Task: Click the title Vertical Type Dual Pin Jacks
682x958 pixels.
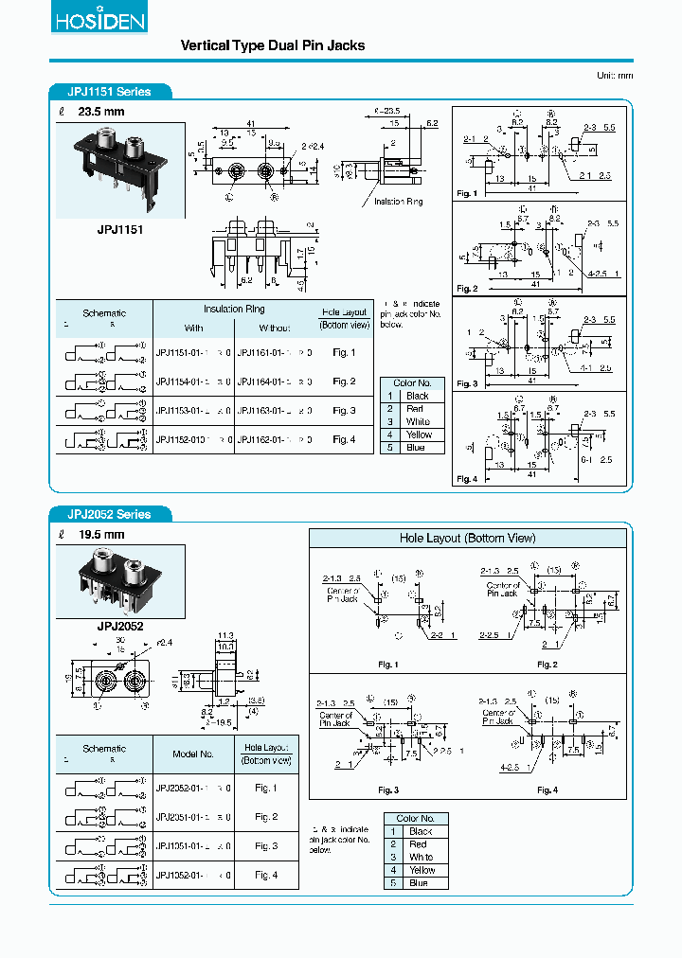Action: point(273,45)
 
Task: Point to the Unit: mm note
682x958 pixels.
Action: point(615,75)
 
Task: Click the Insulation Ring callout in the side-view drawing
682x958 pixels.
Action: point(399,202)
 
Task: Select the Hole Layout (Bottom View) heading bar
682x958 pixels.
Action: point(467,538)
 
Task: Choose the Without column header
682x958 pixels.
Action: point(275,328)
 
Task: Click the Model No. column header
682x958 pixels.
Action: point(193,754)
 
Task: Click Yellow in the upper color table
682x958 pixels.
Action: point(418,435)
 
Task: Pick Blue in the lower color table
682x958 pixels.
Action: point(418,883)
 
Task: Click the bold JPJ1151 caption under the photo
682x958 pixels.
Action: point(120,230)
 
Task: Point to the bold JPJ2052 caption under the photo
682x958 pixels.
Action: point(119,627)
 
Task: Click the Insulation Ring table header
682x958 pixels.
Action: point(234,309)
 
